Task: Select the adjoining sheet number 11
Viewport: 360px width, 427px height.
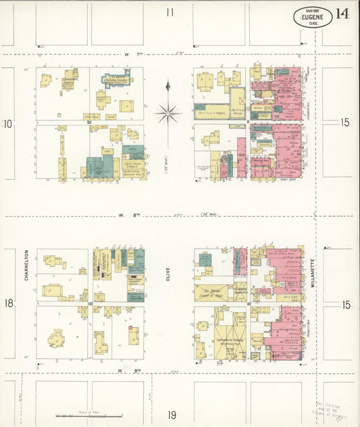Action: (x=170, y=12)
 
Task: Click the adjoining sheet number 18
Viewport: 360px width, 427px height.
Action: (x=9, y=303)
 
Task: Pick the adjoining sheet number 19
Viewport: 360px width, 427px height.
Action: (x=172, y=414)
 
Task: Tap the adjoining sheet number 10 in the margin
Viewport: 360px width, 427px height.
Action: (x=8, y=124)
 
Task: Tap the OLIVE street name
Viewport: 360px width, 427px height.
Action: (x=168, y=275)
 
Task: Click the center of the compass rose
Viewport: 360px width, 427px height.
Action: (x=167, y=113)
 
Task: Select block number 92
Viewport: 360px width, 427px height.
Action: (x=88, y=123)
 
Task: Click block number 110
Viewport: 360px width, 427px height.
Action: (x=89, y=304)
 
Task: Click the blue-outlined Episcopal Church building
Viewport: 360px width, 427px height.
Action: (x=115, y=80)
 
